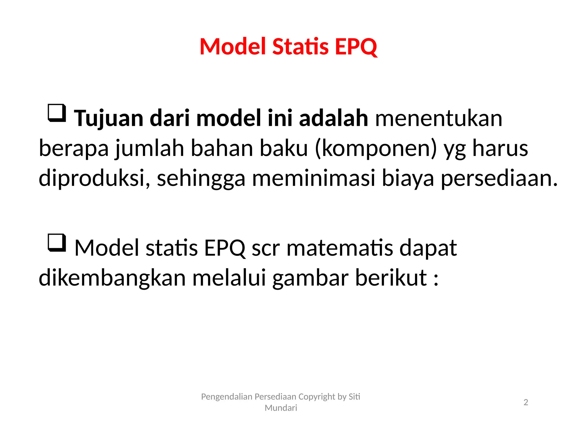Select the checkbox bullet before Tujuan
[x=57, y=113]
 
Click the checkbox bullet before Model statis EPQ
[x=57, y=243]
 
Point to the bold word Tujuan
[x=109, y=119]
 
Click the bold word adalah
[x=333, y=118]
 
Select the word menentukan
[x=439, y=118]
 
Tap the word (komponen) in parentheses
[x=376, y=148]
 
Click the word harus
[x=500, y=148]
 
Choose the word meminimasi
[x=313, y=178]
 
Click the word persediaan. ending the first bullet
[x=499, y=178]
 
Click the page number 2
[x=526, y=402]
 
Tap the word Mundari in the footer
[x=281, y=408]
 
